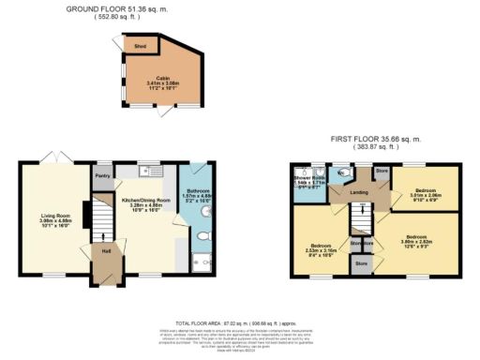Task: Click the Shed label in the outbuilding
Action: pyautogui.click(x=140, y=44)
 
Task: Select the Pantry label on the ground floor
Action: pyautogui.click(x=104, y=174)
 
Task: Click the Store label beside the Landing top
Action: pyautogui.click(x=382, y=172)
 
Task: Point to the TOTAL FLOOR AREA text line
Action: pyautogui.click(x=241, y=318)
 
